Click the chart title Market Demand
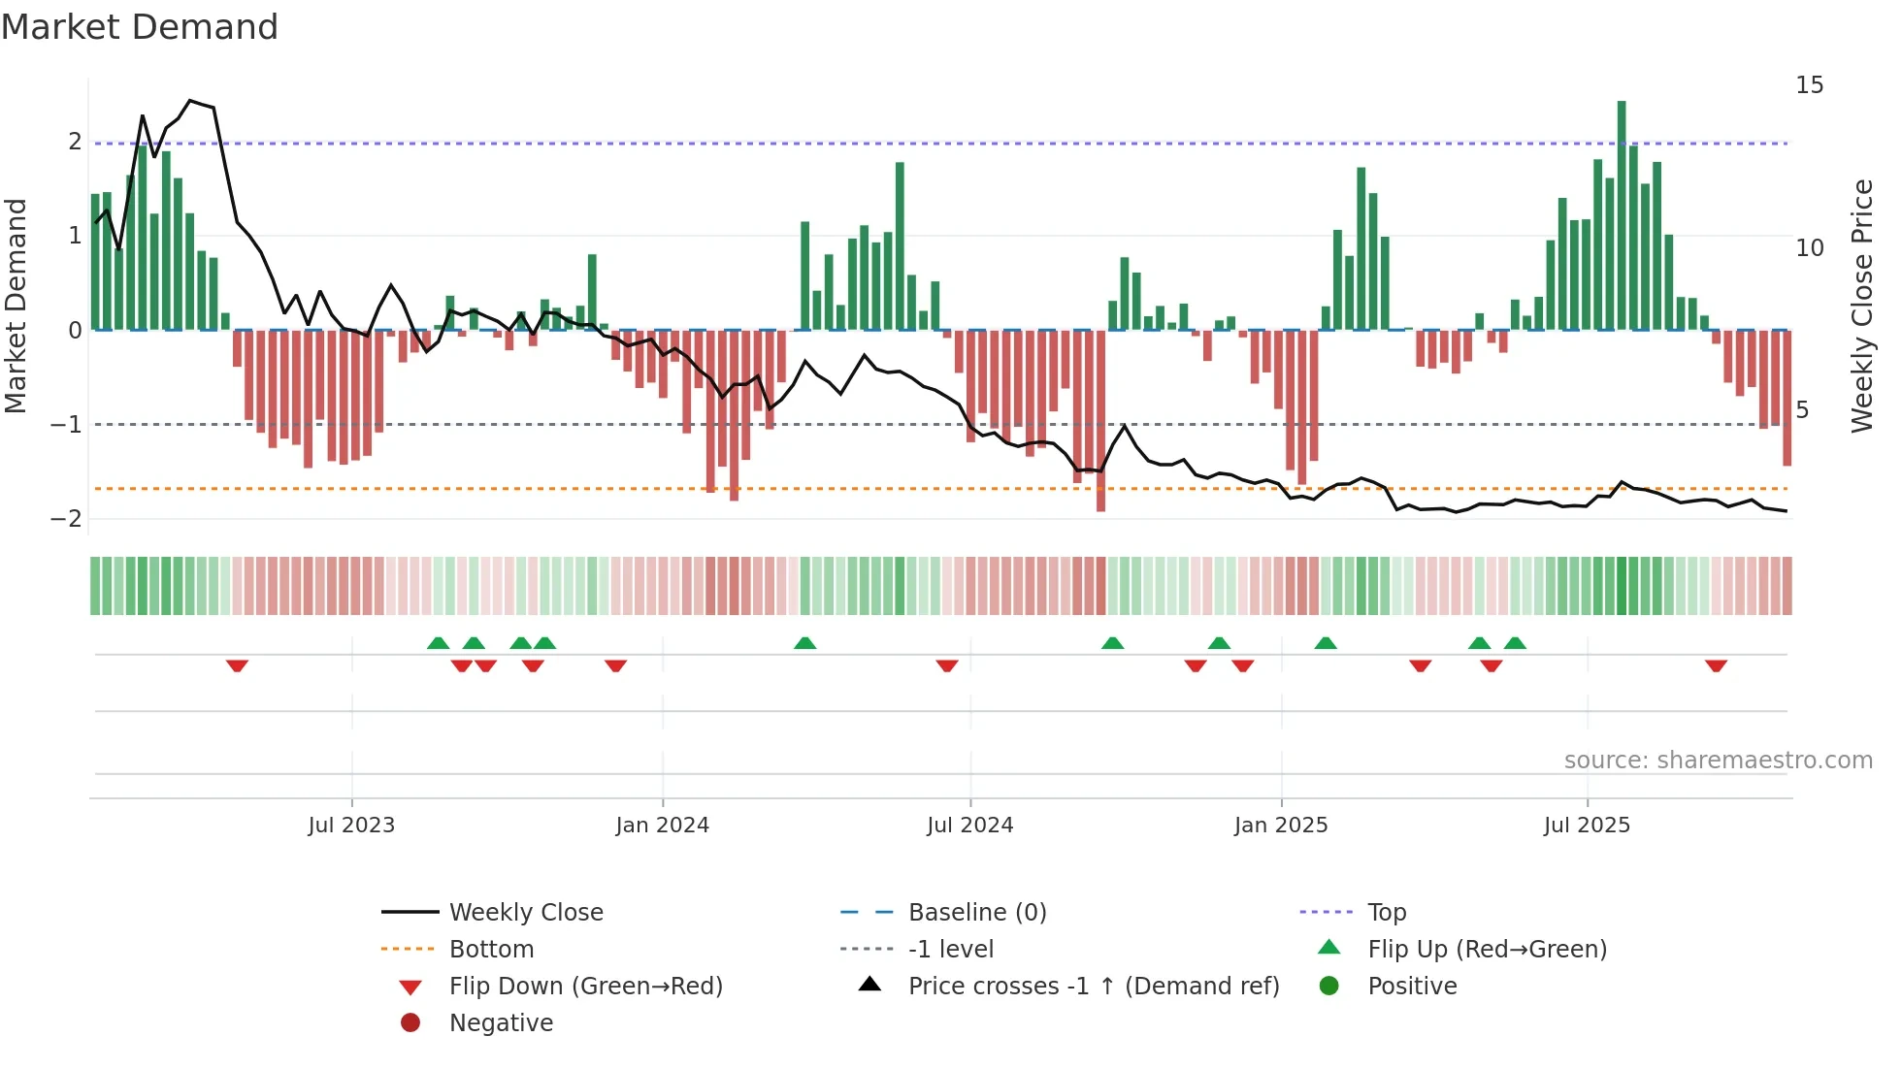tap(140, 27)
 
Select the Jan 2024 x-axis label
tap(662, 826)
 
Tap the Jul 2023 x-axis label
tap(351, 826)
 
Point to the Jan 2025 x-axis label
tap(1281, 826)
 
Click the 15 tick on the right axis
tap(1809, 85)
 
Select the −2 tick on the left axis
tap(67, 519)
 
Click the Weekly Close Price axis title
tap(1861, 306)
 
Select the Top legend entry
tap(1387, 913)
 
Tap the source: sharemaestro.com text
tap(1718, 761)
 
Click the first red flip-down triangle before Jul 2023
tap(237, 665)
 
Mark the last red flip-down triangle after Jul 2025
tap(1716, 665)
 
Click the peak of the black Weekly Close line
tap(190, 101)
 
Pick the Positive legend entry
tap(1412, 987)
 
